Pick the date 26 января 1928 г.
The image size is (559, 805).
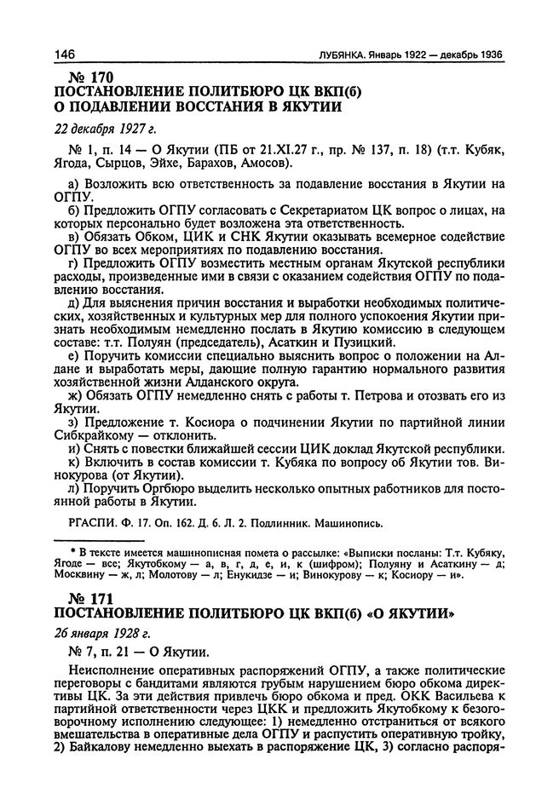click(x=101, y=633)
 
